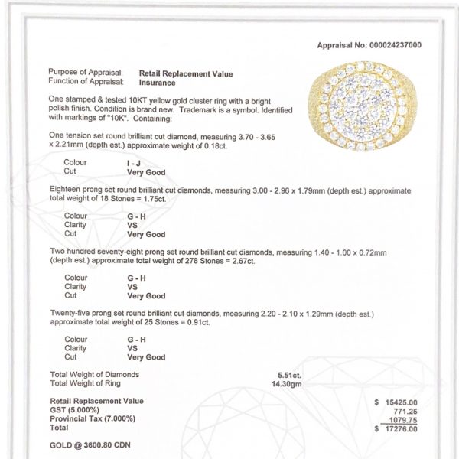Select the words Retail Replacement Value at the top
click(x=185, y=73)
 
